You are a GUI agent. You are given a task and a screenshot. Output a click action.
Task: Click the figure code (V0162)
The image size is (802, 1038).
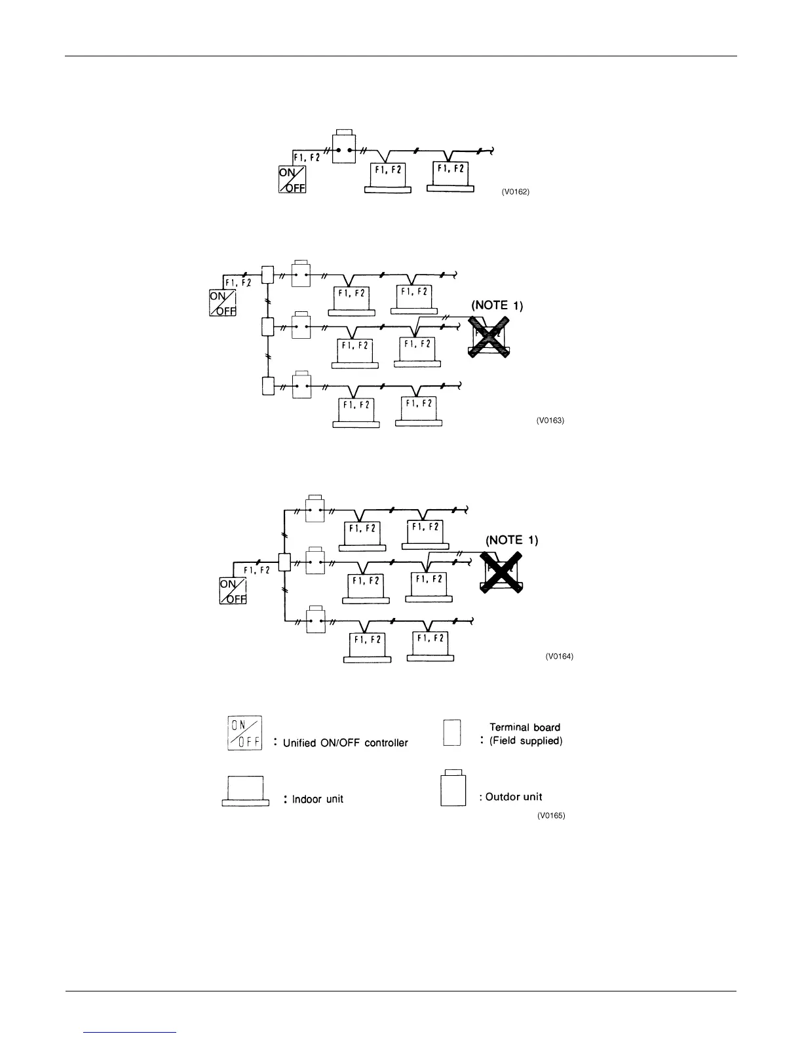click(515, 192)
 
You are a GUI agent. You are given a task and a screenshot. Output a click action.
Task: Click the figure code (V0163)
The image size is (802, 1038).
click(550, 420)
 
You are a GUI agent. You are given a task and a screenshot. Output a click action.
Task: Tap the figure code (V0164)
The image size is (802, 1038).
click(559, 657)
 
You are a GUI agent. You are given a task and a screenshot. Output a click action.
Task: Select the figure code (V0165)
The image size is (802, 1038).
click(550, 816)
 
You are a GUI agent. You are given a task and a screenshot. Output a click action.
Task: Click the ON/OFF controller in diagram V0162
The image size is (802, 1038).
click(293, 180)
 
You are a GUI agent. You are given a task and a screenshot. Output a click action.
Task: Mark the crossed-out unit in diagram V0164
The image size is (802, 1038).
click(501, 572)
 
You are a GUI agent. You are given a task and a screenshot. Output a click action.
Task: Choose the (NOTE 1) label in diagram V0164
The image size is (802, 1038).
click(511, 540)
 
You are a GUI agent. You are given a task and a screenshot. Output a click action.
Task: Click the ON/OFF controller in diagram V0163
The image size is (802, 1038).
click(223, 303)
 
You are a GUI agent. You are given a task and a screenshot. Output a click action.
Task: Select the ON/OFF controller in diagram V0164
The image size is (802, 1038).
click(233, 592)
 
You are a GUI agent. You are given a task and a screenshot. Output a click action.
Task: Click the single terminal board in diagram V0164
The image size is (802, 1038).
click(284, 563)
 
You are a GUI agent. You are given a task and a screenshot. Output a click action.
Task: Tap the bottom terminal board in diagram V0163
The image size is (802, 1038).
click(267, 386)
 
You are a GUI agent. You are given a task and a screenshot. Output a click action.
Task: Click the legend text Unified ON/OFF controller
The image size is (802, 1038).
click(345, 742)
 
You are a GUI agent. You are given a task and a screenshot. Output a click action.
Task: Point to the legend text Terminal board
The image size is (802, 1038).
click(525, 727)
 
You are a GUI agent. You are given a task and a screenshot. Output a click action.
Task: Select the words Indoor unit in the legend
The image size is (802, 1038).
click(317, 799)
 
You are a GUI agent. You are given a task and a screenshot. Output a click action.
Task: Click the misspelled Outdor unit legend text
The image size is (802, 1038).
click(514, 797)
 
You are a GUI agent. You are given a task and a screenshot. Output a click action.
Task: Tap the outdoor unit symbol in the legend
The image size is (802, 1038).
click(453, 788)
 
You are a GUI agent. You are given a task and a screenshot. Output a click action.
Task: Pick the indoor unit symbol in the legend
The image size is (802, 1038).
click(246, 791)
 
